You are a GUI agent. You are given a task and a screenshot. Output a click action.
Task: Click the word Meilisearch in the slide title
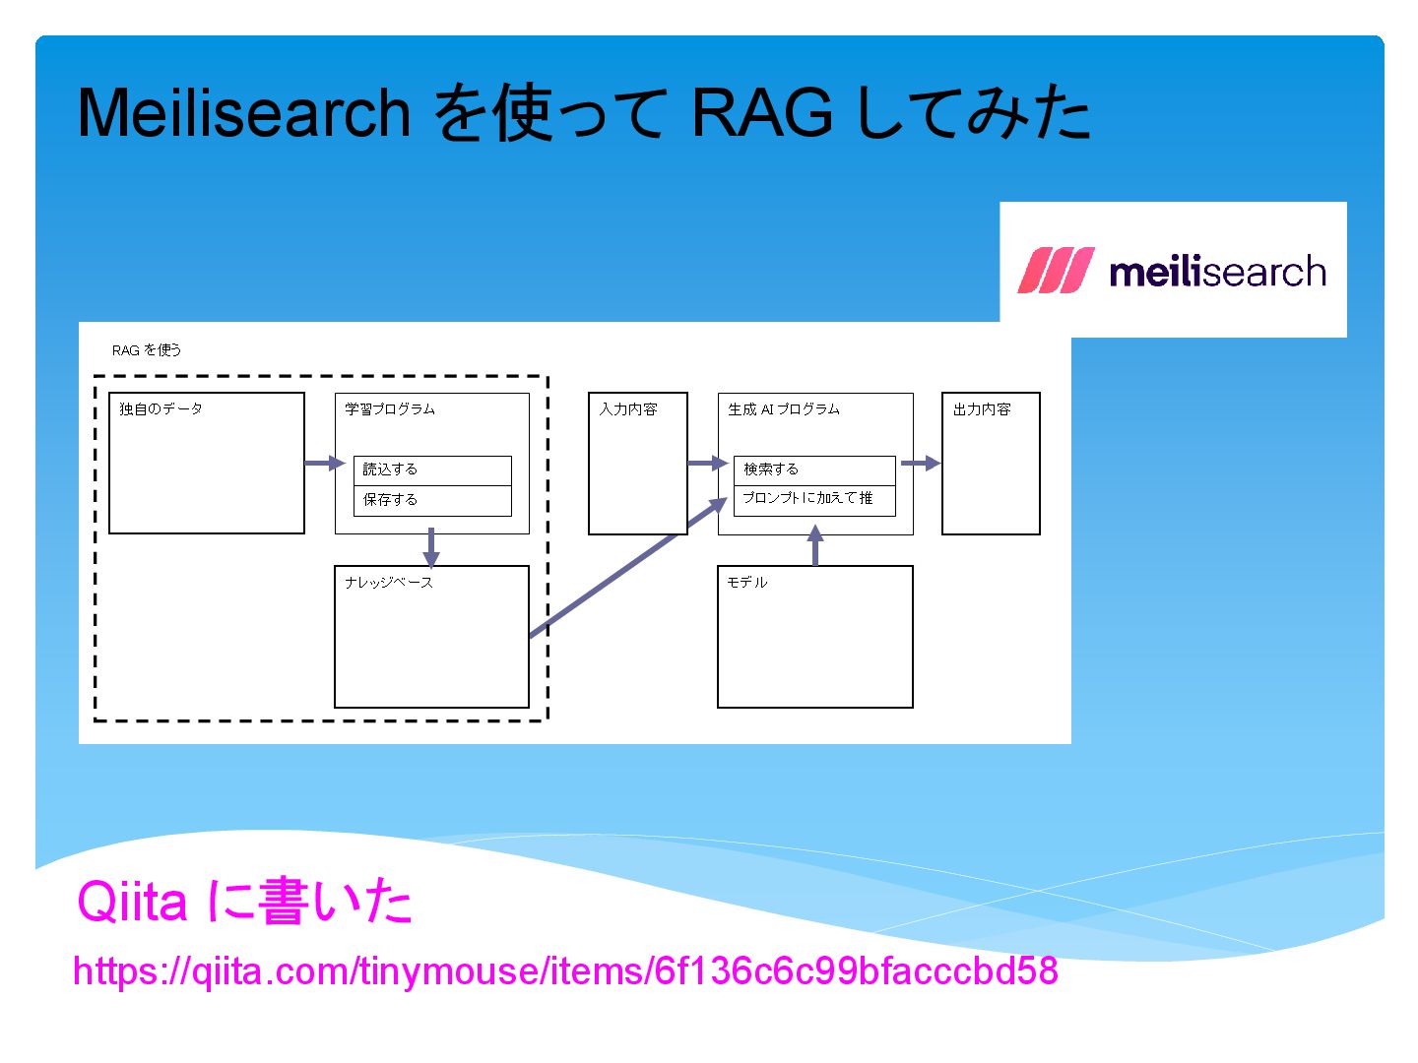pos(243,113)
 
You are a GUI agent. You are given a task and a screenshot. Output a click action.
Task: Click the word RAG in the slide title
pos(761,113)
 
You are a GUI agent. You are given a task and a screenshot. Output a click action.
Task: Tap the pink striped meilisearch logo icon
pos(1055,271)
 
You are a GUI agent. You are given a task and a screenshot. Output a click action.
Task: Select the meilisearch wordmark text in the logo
pos(1217,272)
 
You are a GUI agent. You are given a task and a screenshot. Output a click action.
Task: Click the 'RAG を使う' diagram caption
pos(147,350)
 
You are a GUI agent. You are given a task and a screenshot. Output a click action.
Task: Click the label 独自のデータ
pos(161,409)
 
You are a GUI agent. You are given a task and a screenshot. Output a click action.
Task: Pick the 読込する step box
pos(432,470)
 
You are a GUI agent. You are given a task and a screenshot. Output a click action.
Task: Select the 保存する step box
pos(432,500)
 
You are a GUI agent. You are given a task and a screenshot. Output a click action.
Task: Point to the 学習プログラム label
pos(390,409)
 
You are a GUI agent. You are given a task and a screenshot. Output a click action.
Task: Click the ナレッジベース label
pos(389,583)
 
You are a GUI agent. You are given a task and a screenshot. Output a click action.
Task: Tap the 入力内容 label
pos(628,409)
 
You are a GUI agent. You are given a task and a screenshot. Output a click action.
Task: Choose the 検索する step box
pos(814,470)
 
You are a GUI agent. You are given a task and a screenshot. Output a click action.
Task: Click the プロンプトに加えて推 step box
pos(814,499)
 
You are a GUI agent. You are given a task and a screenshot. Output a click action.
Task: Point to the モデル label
pos(746,583)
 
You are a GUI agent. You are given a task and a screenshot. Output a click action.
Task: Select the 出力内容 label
pos(982,409)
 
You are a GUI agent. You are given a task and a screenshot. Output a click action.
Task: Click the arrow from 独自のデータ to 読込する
pos(324,463)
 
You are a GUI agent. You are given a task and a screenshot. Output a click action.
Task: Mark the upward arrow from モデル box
pos(815,546)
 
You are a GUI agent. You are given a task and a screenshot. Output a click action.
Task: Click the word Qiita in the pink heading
pos(132,901)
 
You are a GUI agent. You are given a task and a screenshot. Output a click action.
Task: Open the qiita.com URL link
pos(565,971)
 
